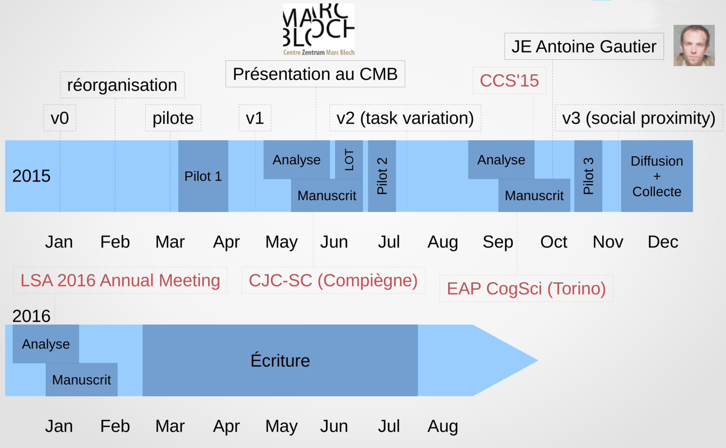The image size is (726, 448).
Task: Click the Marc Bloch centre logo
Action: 318,29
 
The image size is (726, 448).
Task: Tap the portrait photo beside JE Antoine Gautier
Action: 694,45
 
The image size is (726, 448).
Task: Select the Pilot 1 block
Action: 203,176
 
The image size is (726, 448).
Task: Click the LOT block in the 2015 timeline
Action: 349,159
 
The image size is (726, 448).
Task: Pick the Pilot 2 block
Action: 382,176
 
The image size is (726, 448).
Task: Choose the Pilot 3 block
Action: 588,176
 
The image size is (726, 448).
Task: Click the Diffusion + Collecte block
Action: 656,176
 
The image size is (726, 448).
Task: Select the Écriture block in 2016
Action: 280,360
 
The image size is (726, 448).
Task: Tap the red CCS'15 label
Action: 509,81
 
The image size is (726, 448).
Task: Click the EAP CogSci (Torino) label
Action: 526,289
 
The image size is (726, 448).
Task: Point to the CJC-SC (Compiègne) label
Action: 333,280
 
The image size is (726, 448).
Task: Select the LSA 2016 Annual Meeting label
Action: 120,280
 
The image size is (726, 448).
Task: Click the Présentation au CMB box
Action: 315,74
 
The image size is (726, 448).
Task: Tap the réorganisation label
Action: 122,85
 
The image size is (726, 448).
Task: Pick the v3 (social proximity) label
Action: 638,118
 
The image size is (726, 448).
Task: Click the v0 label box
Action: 60,118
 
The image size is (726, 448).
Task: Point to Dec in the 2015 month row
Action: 663,242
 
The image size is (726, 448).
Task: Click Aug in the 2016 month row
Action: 442,426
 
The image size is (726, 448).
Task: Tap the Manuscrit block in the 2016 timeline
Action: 82,380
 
